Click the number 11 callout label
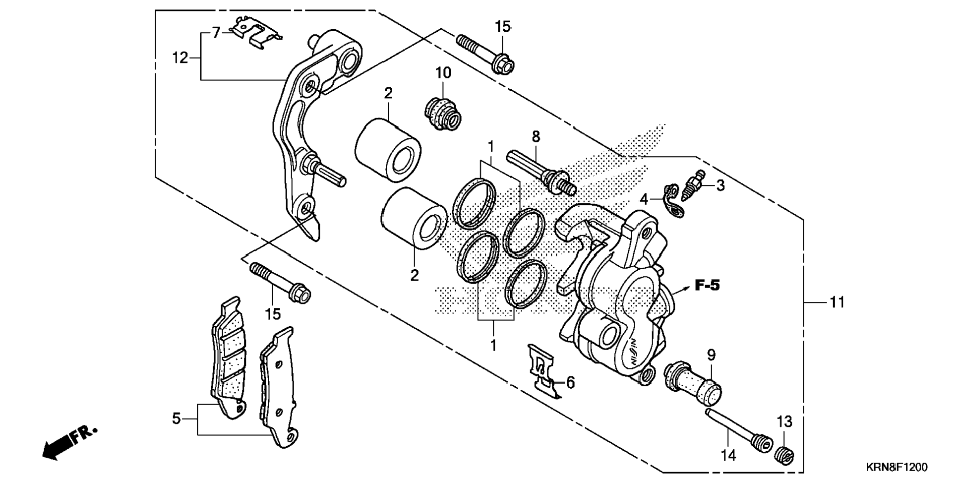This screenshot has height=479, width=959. click(837, 301)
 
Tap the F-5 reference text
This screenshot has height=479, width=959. click(707, 286)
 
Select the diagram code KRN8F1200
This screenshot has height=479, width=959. click(897, 467)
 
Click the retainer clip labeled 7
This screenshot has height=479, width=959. click(257, 32)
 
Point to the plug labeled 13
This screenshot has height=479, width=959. click(784, 455)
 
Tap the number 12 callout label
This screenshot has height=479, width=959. click(180, 58)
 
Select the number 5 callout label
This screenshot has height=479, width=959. click(177, 419)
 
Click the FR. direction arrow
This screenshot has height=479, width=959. click(69, 442)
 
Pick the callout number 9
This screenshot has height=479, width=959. click(711, 355)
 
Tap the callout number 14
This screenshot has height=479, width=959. click(728, 455)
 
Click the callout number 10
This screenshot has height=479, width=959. click(443, 73)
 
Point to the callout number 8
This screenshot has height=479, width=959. click(536, 136)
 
